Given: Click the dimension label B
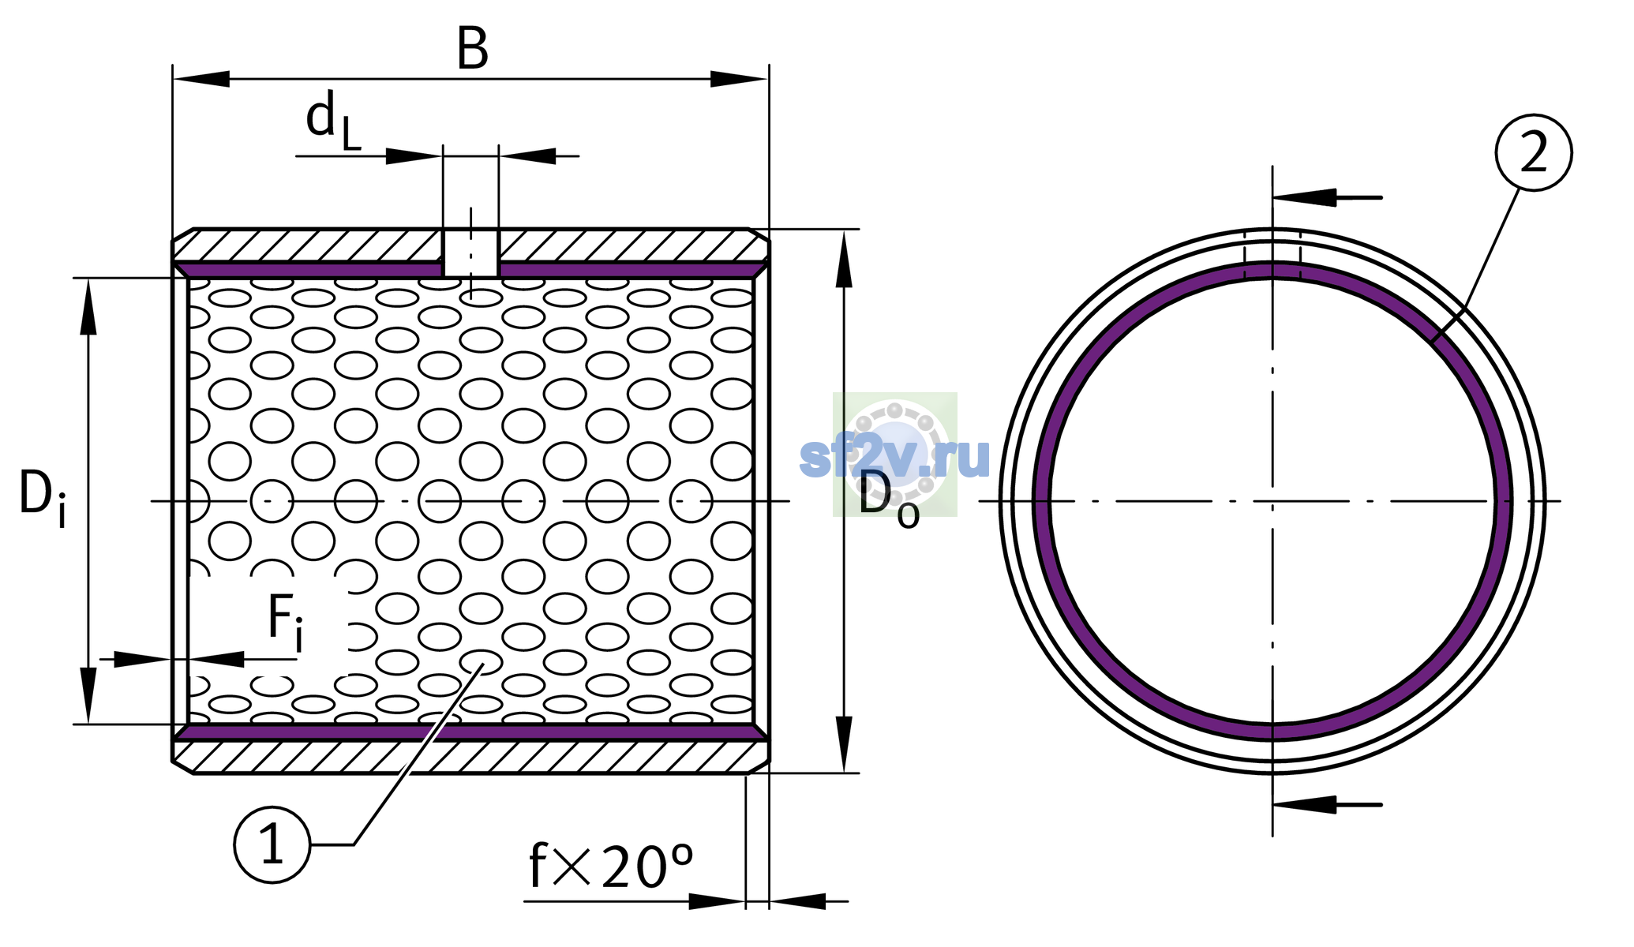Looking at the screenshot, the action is coord(472,48).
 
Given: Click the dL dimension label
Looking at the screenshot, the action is coord(332,119).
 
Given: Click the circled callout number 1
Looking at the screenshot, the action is coord(272,844).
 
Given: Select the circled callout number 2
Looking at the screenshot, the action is coord(1534,152).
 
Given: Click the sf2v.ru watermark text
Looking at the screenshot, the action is coord(894,456).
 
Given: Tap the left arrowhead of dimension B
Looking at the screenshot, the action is coord(201,79).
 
